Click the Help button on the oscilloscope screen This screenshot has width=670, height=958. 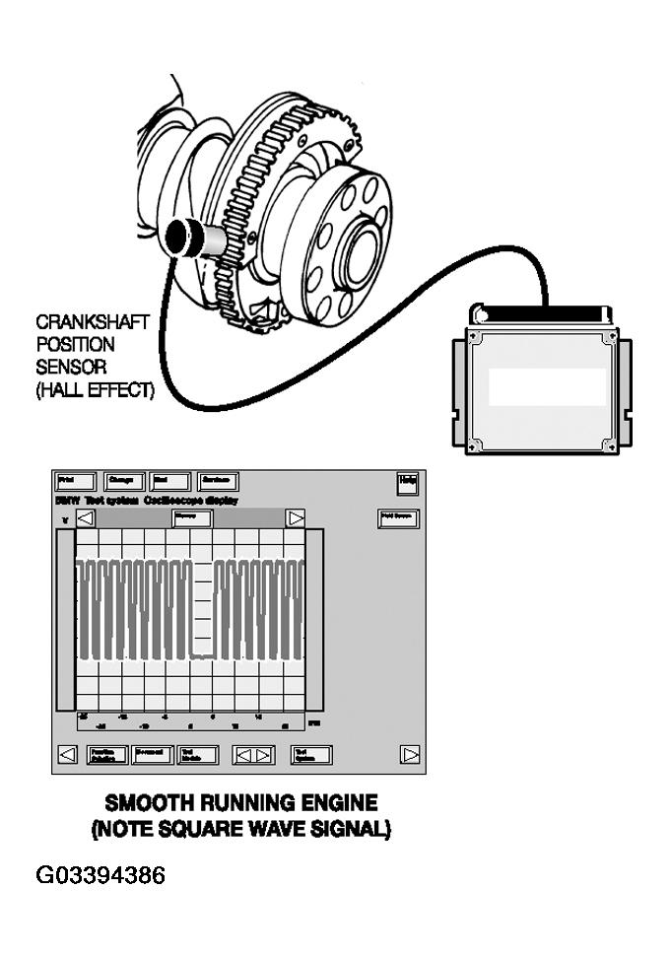(408, 482)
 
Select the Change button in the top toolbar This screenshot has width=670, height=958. (124, 482)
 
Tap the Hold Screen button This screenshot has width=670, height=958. (398, 518)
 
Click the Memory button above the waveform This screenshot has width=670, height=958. (192, 518)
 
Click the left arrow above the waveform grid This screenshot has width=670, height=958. (86, 518)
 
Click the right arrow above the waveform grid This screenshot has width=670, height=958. (295, 518)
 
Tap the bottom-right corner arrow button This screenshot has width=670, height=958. (411, 755)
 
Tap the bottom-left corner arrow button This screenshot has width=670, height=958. (67, 755)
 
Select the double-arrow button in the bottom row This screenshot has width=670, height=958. (253, 755)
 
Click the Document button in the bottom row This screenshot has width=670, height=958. (152, 755)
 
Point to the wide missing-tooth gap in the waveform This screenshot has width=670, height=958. (204, 611)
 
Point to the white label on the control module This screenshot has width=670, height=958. (548, 387)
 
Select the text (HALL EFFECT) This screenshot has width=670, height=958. (95, 390)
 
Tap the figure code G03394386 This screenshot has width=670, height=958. (100, 875)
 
